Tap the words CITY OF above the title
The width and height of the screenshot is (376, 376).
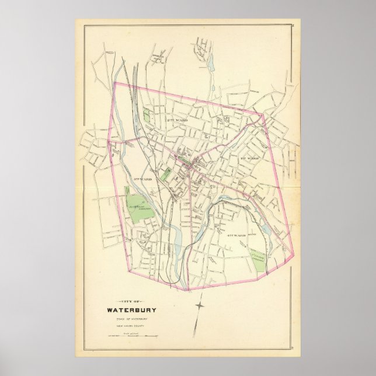[x=131, y=302]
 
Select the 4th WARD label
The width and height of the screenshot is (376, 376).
[x=235, y=235]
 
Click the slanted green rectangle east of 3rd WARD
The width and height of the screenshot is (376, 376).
[x=167, y=175]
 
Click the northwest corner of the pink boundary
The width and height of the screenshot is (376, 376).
[x=114, y=83]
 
